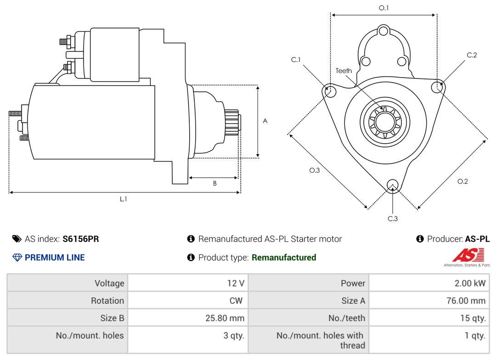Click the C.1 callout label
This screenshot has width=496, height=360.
[x=295, y=60]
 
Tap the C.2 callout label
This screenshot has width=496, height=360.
[x=472, y=55]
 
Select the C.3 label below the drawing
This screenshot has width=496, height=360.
[x=392, y=219]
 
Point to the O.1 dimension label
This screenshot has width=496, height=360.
[x=383, y=8]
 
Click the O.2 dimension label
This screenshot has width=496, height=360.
[x=462, y=181]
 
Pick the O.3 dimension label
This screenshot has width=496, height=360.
[x=314, y=170]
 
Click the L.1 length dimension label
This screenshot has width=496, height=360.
[x=124, y=199]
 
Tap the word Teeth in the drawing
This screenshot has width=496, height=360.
[x=344, y=71]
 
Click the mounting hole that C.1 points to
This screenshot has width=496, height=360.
[x=329, y=91]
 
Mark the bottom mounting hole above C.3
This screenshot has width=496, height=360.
[x=392, y=185]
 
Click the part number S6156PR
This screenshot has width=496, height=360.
[x=81, y=239]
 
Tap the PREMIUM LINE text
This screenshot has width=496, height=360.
[x=55, y=258]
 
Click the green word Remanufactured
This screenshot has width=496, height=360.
[x=284, y=258]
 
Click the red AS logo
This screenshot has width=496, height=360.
[x=468, y=255]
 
